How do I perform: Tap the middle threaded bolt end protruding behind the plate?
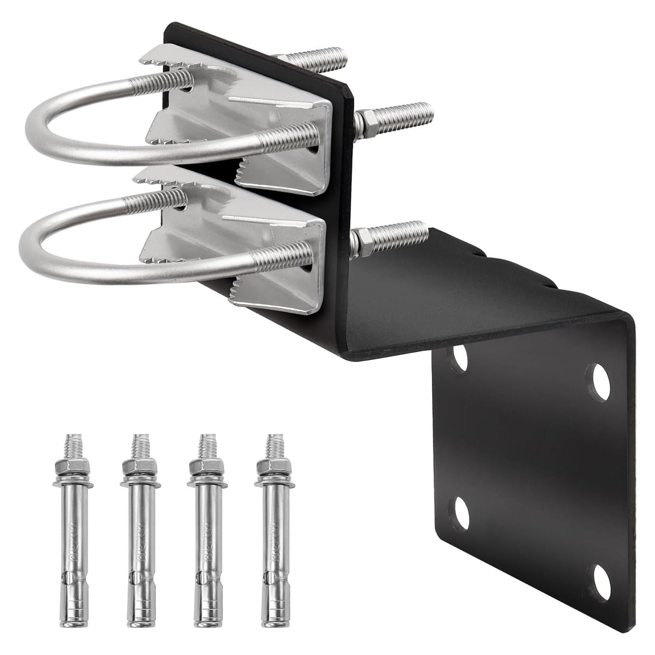[397, 114]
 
